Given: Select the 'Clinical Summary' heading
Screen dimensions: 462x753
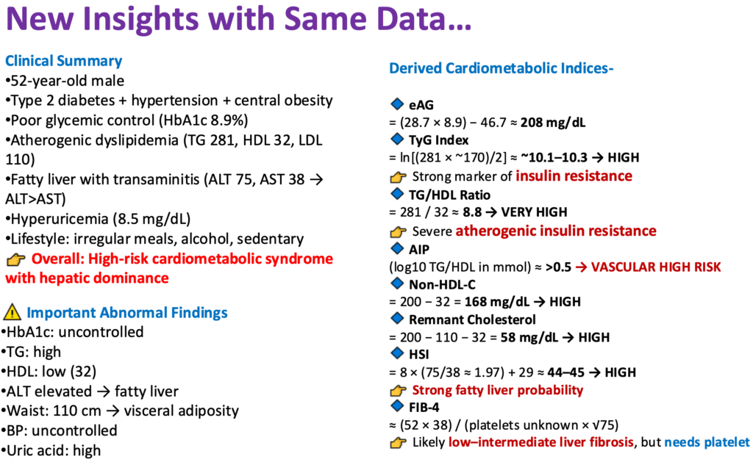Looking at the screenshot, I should [x=63, y=61].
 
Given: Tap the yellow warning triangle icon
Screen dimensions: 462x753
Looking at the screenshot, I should [x=13, y=313].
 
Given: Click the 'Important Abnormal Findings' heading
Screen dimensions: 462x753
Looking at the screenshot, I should [x=127, y=313].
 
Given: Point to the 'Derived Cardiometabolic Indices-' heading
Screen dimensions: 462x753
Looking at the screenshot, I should [x=501, y=68].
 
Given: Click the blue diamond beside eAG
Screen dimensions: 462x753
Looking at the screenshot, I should [x=398, y=104].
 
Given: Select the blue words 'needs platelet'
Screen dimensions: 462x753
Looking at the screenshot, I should [x=707, y=442].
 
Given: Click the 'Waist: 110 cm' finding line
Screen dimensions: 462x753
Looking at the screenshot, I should [x=59, y=411].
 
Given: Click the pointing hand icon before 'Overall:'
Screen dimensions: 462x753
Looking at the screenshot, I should [x=15, y=259].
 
